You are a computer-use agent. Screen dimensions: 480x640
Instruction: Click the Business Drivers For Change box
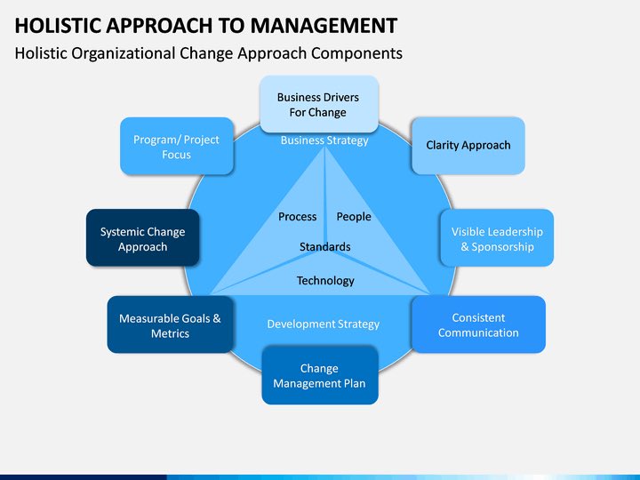pos(317,105)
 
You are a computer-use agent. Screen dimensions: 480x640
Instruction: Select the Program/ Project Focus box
pos(176,147)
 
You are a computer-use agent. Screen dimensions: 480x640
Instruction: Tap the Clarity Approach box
pos(468,145)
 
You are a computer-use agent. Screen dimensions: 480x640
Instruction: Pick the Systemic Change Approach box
pos(142,239)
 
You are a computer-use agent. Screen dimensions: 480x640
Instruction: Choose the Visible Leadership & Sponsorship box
pos(497,239)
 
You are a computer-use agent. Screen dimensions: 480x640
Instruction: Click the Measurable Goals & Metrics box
pos(170,325)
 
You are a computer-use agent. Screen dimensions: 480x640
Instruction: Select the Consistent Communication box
pos(478,324)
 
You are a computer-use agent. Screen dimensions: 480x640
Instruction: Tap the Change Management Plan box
pos(319,376)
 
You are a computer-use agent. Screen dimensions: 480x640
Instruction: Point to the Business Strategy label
pos(324,140)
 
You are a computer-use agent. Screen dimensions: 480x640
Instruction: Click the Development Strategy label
pos(324,324)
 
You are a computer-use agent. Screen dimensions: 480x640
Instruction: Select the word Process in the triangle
pos(297,217)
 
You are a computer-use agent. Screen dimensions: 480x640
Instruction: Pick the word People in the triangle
pos(354,217)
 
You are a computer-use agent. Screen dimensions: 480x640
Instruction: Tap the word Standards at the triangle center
pos(324,247)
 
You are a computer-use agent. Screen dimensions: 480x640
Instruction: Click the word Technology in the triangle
pos(325,281)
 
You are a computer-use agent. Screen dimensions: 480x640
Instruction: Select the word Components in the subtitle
pos(358,53)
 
